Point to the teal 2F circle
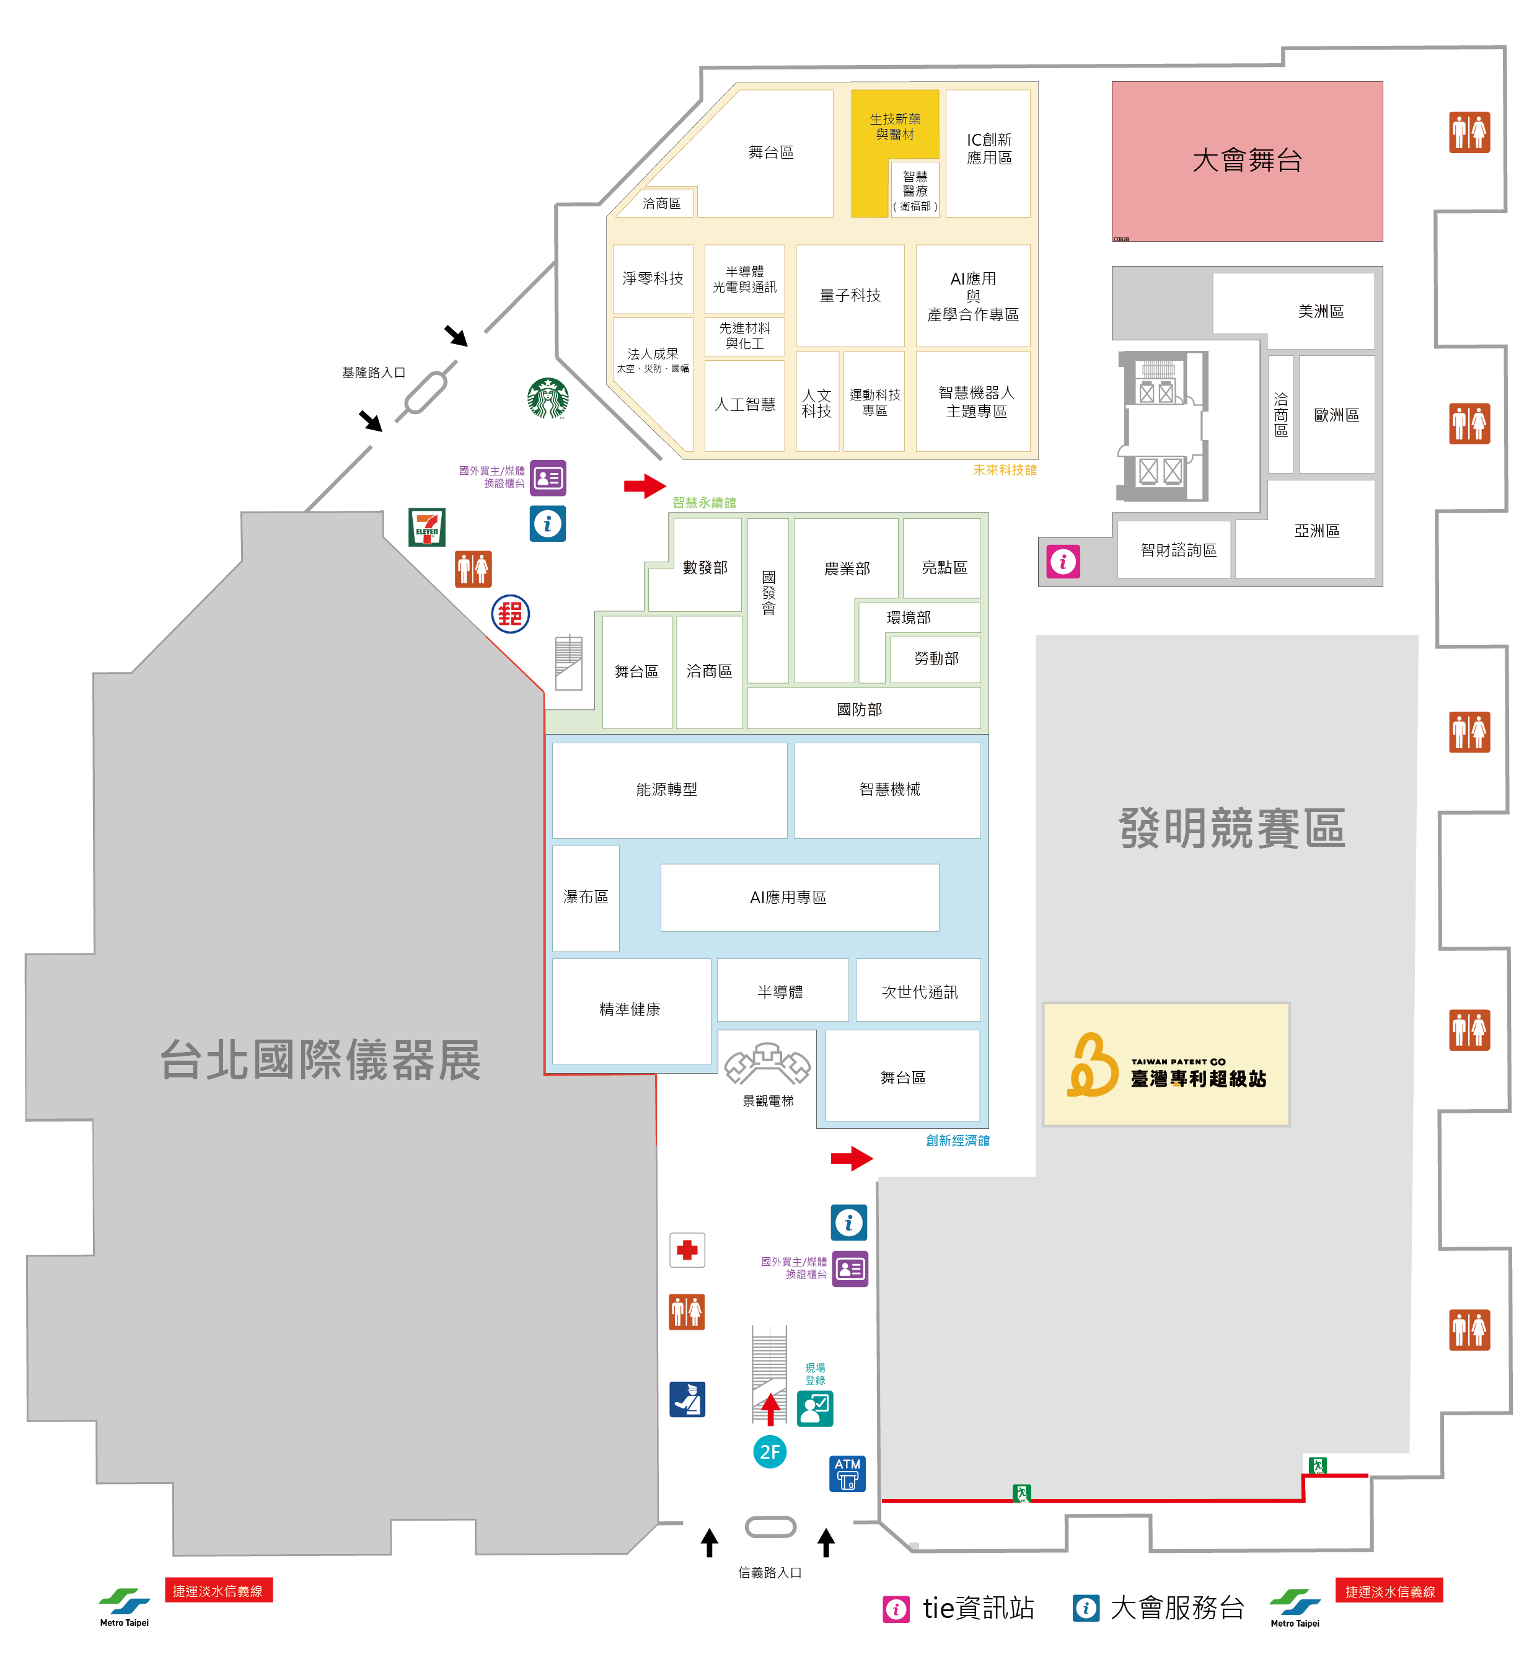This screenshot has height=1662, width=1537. (x=770, y=1452)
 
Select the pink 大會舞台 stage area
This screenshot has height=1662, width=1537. (x=1247, y=161)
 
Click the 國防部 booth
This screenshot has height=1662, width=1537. (x=860, y=709)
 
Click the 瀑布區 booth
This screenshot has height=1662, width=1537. (x=586, y=897)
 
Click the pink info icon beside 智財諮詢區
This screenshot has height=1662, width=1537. (x=1063, y=562)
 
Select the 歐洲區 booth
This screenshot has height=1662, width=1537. (x=1336, y=414)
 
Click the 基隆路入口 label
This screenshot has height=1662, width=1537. (x=374, y=373)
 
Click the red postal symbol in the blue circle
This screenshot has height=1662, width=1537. (x=511, y=614)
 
